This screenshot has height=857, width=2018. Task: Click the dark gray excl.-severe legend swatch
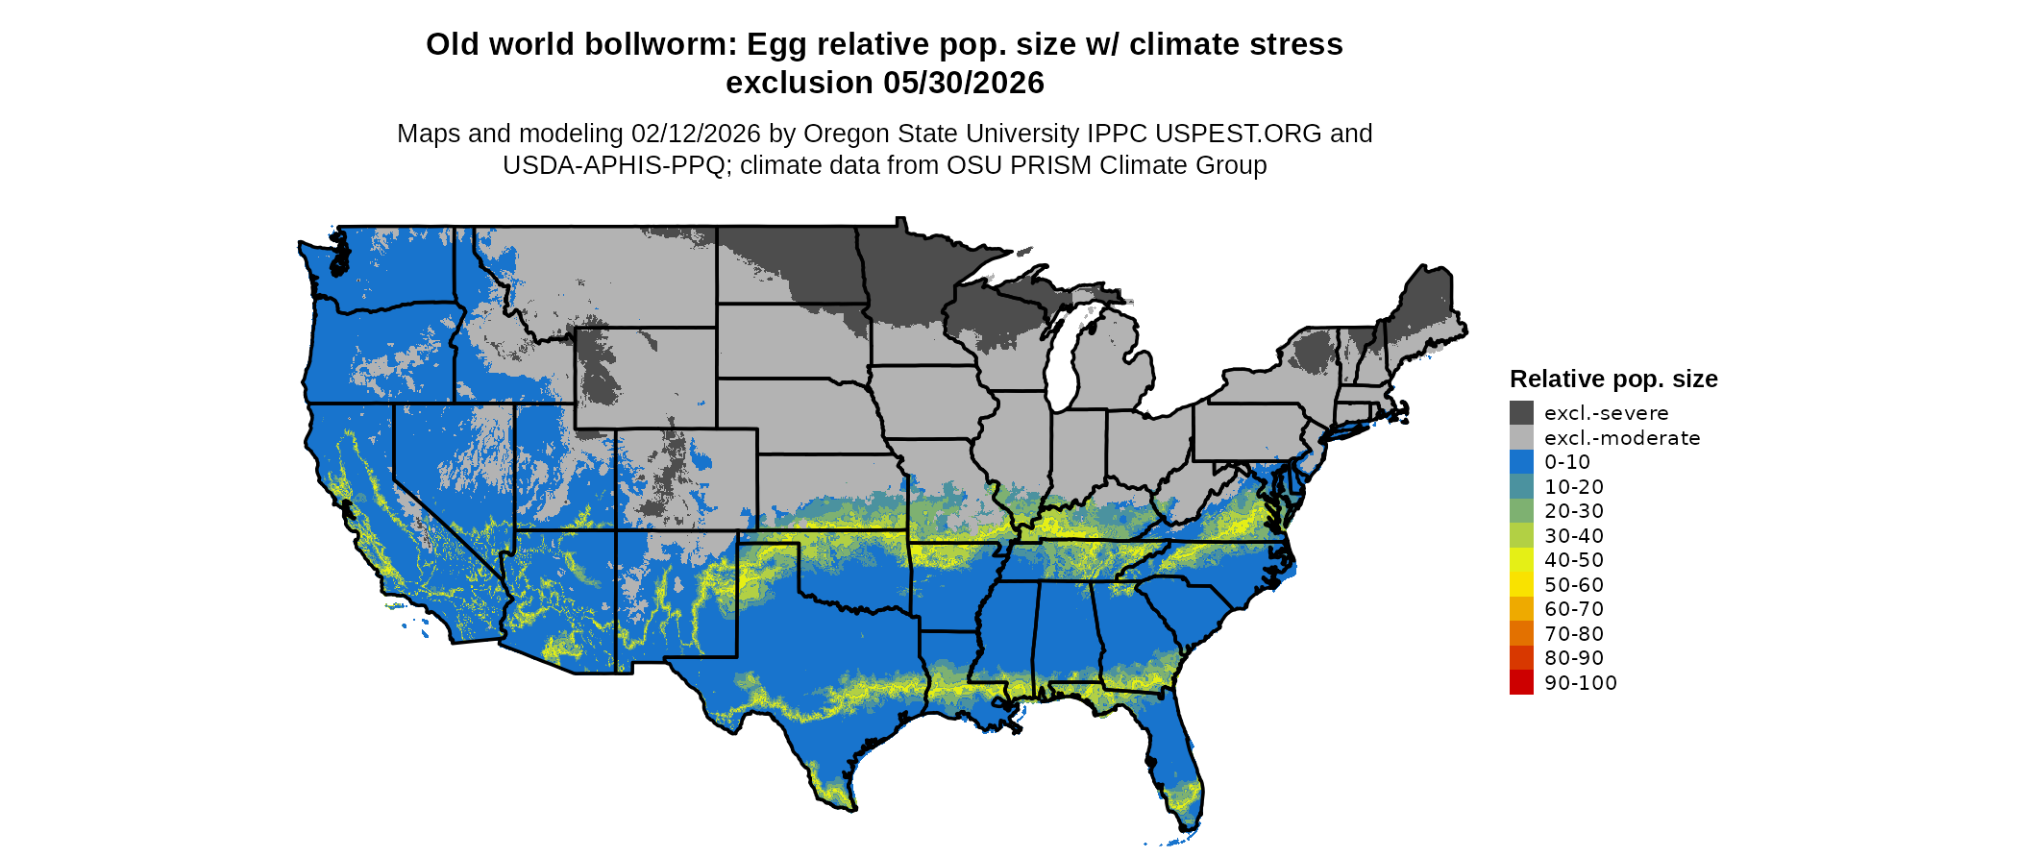tap(1521, 413)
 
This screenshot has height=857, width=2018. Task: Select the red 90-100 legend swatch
tap(1521, 683)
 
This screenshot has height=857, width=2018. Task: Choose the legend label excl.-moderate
tap(1622, 438)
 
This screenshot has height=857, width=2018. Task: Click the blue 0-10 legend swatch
tap(1521, 462)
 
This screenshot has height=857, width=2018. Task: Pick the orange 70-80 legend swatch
tap(1521, 634)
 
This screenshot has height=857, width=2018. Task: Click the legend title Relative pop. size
tap(1613, 379)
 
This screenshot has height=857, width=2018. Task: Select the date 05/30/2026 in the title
tap(964, 83)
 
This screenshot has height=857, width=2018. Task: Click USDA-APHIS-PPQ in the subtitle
tap(613, 165)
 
